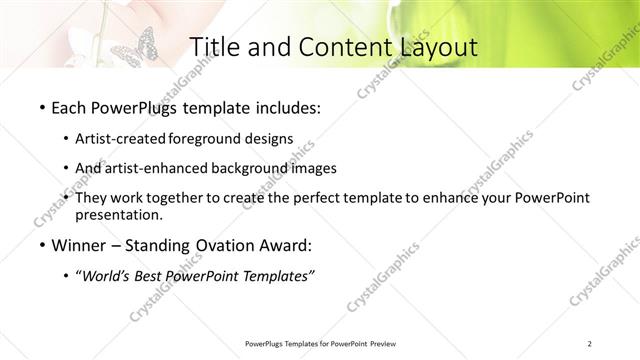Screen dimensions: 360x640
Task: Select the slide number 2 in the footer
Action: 590,344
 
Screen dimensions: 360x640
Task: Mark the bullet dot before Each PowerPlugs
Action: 39,107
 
